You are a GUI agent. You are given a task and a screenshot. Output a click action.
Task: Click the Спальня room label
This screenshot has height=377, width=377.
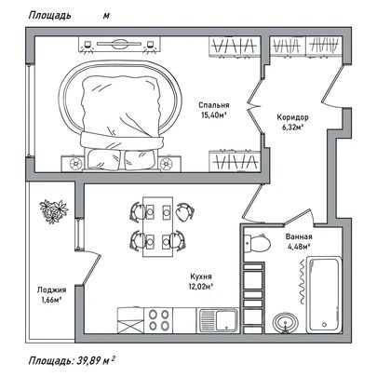point(214,105)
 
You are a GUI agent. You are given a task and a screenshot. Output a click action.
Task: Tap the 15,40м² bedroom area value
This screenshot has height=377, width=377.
point(213,115)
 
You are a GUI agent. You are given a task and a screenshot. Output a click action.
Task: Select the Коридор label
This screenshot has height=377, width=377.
point(292,117)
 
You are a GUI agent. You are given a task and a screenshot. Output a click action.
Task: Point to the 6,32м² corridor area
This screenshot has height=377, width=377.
point(292,128)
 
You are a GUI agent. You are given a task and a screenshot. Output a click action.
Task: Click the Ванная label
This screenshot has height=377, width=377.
point(299,236)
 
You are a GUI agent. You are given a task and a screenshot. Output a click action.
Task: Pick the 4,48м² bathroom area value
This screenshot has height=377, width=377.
point(299,247)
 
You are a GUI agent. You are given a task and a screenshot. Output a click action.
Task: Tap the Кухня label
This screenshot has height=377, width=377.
point(201,276)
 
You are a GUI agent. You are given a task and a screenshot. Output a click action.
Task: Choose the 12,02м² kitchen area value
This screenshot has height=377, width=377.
point(201,286)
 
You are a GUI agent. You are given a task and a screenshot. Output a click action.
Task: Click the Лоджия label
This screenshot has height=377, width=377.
point(51,290)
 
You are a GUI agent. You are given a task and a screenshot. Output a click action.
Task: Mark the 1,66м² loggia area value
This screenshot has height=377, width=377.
point(51,300)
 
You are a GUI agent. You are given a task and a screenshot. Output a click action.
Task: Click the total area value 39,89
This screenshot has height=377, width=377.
point(88,361)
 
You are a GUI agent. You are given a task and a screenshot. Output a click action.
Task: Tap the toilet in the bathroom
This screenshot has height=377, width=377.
point(257,243)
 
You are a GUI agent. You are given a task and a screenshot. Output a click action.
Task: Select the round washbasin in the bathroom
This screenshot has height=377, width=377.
point(286,323)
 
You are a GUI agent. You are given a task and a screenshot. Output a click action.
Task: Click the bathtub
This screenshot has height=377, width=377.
point(324,294)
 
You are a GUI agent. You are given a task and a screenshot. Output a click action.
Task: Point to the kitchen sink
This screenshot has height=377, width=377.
point(217,320)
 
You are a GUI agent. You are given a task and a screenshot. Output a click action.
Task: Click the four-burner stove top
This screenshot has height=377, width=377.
point(158,320)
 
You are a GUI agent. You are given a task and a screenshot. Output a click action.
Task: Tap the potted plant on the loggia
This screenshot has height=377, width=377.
point(53,211)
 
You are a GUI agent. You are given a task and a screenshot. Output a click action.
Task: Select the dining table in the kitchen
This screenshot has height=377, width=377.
point(157,226)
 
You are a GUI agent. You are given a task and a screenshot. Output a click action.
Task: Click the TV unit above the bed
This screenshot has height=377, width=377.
point(119,44)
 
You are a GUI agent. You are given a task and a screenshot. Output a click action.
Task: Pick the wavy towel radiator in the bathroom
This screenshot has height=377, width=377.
point(302,282)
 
